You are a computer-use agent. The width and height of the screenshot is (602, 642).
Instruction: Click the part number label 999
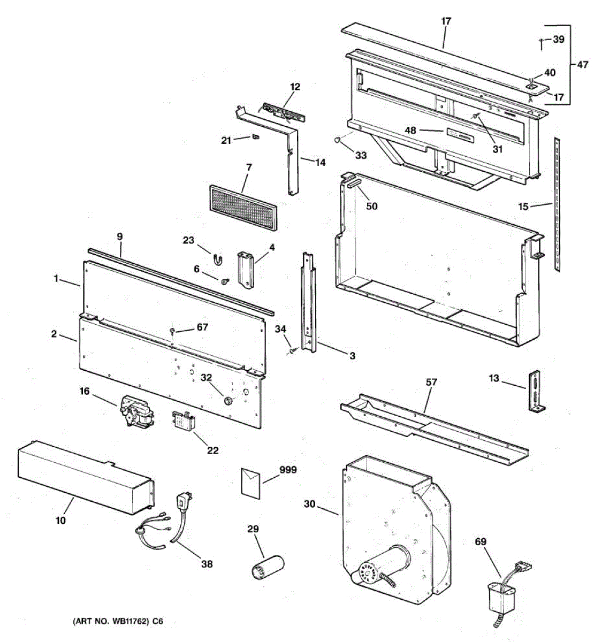click(288, 470)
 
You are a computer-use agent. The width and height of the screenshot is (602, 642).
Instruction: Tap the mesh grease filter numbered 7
click(244, 208)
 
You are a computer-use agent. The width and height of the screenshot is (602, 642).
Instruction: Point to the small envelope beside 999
click(250, 481)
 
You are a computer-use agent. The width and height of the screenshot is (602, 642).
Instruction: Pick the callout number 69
click(481, 542)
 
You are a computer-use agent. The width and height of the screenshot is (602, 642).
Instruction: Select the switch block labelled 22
click(183, 422)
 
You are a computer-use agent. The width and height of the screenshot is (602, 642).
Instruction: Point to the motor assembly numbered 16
click(136, 412)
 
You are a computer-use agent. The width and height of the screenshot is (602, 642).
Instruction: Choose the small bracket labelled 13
click(536, 392)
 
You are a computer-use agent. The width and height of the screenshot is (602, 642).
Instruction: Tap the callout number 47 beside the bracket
click(582, 65)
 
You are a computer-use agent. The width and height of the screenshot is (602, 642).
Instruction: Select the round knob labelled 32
click(227, 401)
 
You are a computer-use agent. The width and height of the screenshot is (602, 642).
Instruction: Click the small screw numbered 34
click(293, 351)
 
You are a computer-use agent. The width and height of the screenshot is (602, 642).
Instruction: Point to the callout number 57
click(431, 382)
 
